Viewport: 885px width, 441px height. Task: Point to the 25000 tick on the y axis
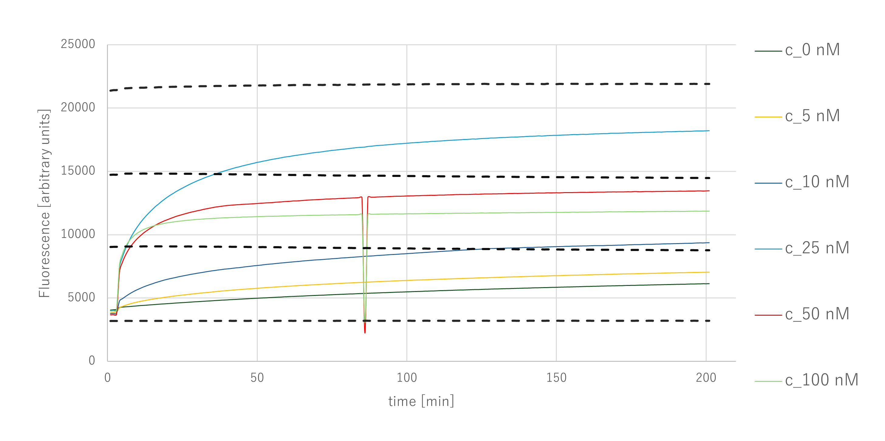(x=77, y=44)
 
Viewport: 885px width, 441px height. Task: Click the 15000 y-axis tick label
(x=77, y=171)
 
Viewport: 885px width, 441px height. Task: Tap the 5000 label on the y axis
(x=81, y=297)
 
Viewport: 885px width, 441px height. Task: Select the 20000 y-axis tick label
(x=77, y=107)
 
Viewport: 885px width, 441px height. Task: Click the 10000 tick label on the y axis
(x=77, y=234)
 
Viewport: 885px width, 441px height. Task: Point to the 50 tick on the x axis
(x=257, y=378)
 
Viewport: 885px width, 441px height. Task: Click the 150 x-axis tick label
(x=556, y=378)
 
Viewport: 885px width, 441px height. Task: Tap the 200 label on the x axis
(x=706, y=378)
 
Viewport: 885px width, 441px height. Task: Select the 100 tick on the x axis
(x=407, y=378)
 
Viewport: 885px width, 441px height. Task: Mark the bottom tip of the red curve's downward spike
(x=365, y=333)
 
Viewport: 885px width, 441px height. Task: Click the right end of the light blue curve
(x=709, y=131)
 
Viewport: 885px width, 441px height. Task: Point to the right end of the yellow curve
(x=709, y=272)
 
